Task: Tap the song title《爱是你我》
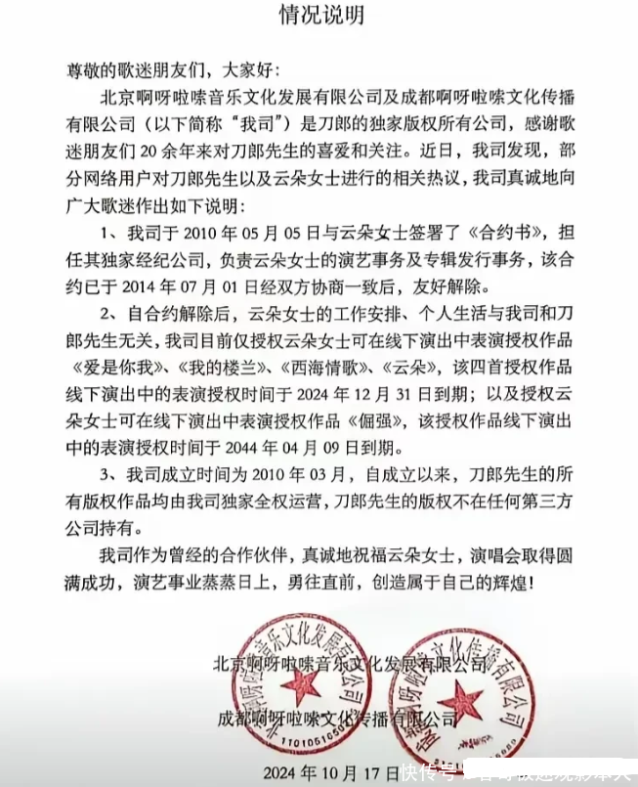pyautogui.click(x=110, y=372)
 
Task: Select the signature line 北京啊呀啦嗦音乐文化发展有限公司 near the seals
pyautogui.click(x=350, y=665)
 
